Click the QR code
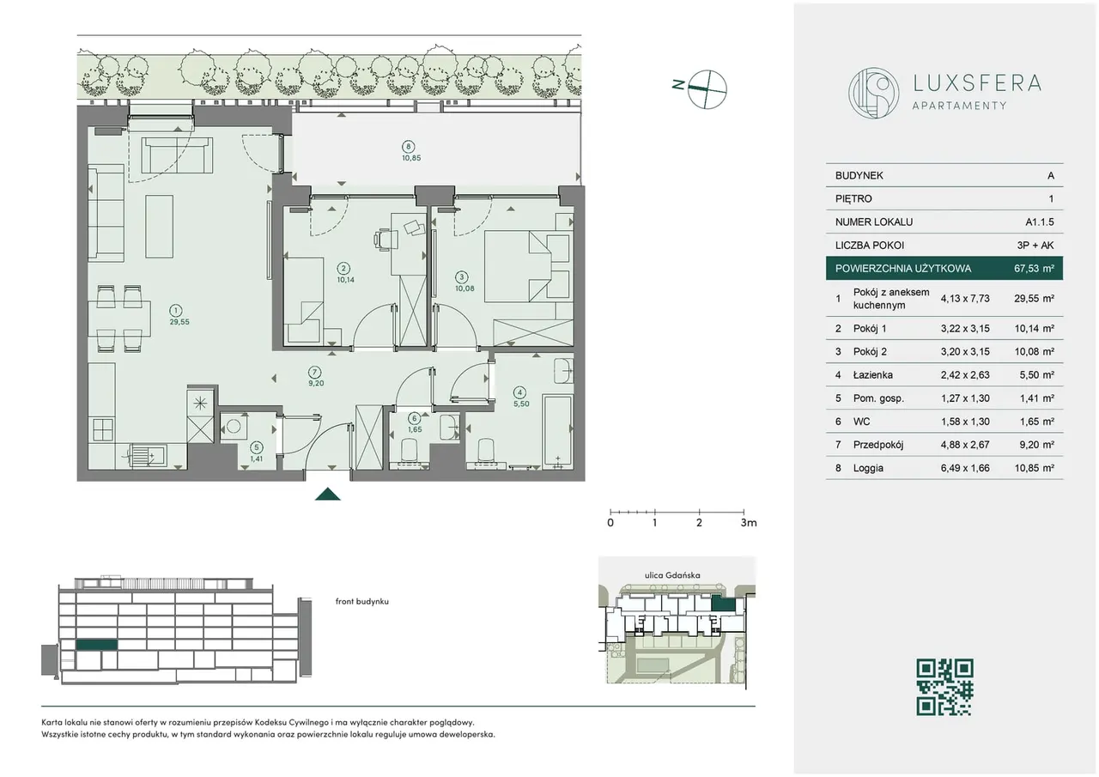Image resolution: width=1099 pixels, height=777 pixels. tap(944, 687)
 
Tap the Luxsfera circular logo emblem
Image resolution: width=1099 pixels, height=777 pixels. tap(874, 94)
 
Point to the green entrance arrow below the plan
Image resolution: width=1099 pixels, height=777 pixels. tap(328, 494)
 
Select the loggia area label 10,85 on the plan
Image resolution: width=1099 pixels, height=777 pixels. tap(411, 158)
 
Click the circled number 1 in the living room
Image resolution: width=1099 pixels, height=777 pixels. tap(175, 310)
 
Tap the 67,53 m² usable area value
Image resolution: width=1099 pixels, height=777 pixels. tap(1034, 269)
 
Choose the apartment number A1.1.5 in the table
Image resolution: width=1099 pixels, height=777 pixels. tap(1039, 222)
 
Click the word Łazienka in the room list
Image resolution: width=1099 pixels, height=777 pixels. tap(873, 375)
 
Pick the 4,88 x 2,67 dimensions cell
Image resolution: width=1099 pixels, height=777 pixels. tap(964, 445)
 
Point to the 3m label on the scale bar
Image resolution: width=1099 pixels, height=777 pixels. tap(749, 522)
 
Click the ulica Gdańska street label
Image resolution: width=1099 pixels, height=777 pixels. tap(672, 575)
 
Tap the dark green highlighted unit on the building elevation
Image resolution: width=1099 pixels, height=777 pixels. tap(97, 645)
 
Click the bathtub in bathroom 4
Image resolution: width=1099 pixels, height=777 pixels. tap(558, 429)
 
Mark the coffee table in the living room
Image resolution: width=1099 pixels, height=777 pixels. tap(160, 226)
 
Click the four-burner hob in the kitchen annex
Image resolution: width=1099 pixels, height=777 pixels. tap(102, 430)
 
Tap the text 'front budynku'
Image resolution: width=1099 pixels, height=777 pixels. tap(362, 601)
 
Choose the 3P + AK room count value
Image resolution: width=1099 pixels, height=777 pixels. tap(1035, 246)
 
